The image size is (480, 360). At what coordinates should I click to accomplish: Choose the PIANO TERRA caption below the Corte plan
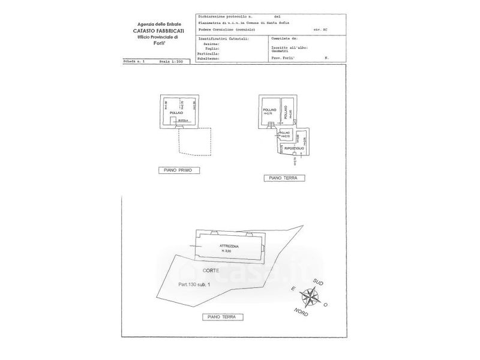[221, 316]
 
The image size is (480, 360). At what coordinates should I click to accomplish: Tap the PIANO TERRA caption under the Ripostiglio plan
[284, 178]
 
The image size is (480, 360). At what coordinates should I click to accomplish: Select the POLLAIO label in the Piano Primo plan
[176, 113]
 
